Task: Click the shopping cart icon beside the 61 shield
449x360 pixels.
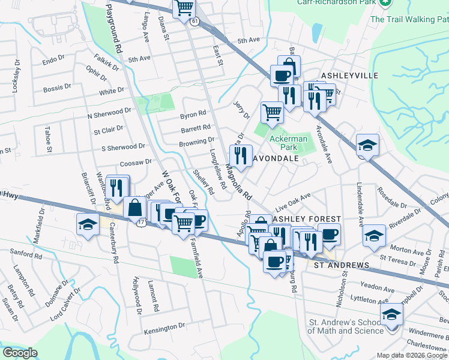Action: click(x=184, y=8)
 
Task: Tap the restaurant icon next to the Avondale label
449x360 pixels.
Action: click(x=241, y=155)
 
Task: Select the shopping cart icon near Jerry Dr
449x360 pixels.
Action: click(x=272, y=112)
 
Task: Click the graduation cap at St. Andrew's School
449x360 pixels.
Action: click(x=391, y=314)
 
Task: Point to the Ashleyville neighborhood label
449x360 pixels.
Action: click(x=350, y=76)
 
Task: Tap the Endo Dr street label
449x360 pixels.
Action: click(x=53, y=60)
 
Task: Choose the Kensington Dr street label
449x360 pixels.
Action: click(x=164, y=327)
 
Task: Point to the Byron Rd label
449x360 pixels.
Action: click(x=193, y=113)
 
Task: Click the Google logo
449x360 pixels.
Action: click(x=20, y=353)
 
